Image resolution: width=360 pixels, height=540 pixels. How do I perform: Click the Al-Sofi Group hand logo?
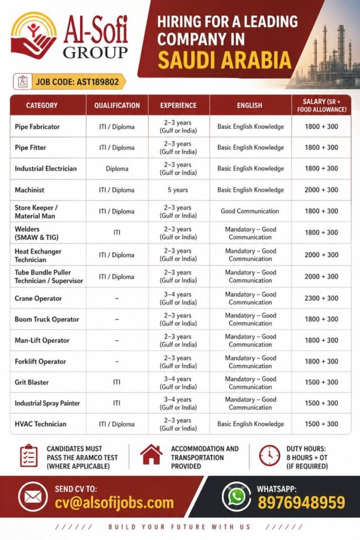33,36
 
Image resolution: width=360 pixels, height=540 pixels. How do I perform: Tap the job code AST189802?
79,82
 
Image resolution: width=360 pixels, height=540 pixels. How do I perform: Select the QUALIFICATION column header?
117,105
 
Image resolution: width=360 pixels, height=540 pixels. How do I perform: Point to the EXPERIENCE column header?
178,105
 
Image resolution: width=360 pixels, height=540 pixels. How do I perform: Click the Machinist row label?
30,190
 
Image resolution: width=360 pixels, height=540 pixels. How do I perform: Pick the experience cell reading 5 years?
178,190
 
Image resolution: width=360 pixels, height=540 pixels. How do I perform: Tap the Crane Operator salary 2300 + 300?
321,298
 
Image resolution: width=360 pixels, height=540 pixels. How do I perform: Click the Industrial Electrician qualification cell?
117,169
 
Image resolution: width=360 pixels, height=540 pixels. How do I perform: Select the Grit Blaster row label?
32,382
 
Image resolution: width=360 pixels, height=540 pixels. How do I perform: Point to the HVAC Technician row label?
41,424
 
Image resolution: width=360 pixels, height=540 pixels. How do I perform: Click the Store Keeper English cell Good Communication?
250,211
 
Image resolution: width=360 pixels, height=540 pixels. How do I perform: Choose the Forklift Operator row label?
41,361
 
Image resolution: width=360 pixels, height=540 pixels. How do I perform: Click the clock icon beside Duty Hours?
269,456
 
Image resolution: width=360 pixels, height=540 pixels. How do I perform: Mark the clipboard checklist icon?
28,456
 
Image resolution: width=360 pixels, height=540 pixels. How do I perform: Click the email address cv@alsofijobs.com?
114,503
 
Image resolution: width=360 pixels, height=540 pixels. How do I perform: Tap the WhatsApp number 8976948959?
301,503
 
